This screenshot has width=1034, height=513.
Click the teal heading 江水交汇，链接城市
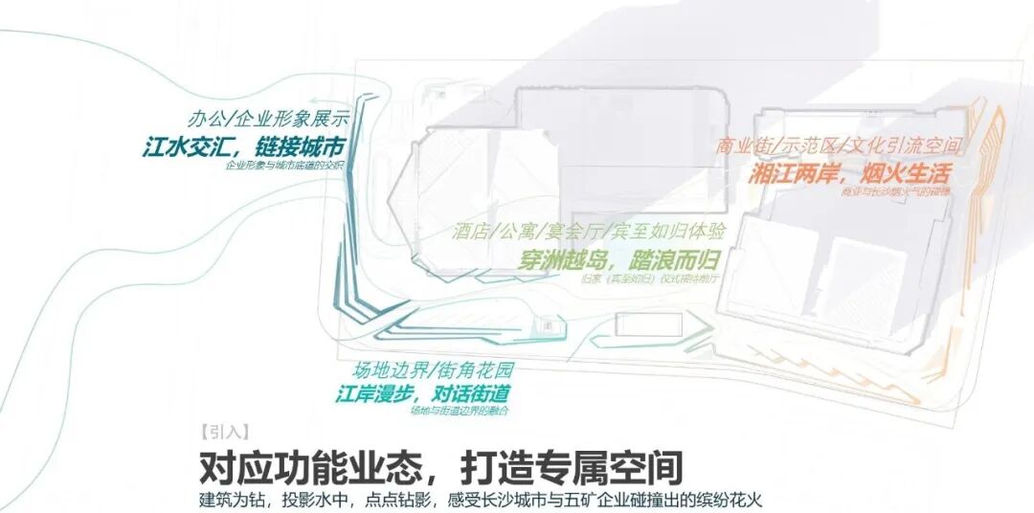point(243,147)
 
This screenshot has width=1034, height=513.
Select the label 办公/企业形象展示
point(267,121)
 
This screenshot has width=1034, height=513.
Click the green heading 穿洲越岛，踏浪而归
point(620,259)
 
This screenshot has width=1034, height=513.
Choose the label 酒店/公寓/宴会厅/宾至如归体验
point(589,233)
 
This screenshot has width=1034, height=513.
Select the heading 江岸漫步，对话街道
point(421,393)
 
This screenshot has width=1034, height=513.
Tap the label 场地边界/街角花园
point(434,370)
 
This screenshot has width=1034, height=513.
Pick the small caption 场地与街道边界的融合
point(459,411)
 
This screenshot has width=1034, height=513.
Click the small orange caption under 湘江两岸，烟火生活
point(910,192)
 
